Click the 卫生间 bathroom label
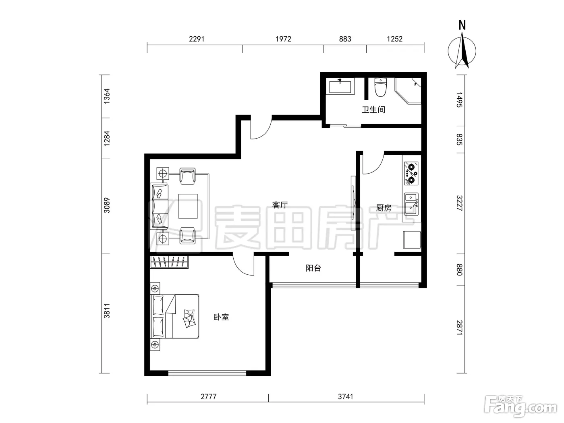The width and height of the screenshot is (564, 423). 373,110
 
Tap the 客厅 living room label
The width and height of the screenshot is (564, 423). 280,205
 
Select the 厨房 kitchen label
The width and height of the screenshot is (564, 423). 384,208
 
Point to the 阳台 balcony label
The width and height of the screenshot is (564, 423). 313,268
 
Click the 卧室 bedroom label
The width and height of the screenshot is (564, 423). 221,317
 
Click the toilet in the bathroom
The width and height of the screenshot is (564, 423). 380,87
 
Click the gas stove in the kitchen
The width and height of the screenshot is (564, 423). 411,173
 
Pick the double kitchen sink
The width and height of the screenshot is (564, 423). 411,204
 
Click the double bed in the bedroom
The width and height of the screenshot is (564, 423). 175,316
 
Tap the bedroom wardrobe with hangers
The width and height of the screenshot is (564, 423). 169,262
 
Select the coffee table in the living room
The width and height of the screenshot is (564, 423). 188,206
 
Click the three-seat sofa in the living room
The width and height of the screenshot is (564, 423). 159,206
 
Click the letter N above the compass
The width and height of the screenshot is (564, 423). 462,25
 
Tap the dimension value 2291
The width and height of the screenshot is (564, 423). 197,39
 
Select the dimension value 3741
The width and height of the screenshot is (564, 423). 346,396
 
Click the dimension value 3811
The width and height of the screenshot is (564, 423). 107,311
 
